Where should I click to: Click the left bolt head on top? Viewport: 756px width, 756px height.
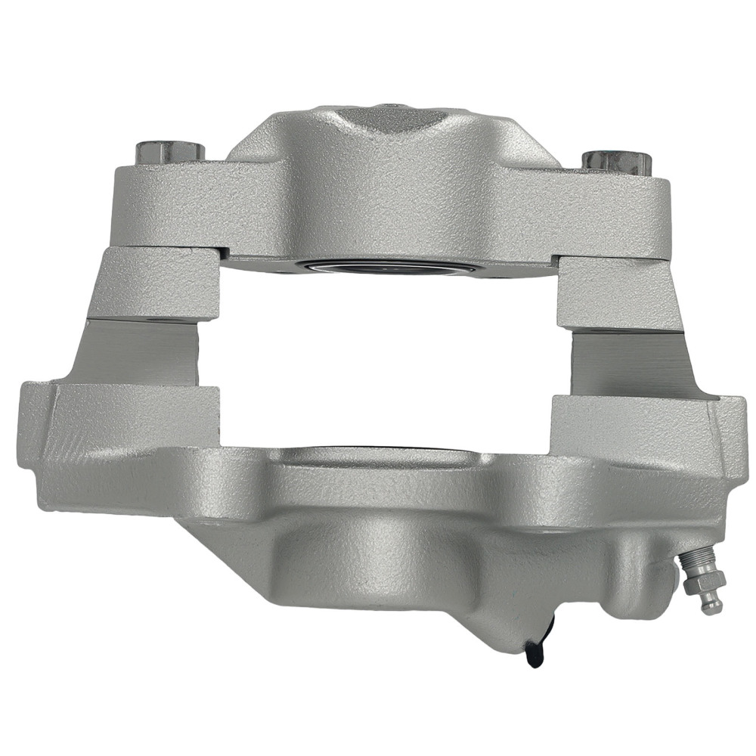pos(169,151)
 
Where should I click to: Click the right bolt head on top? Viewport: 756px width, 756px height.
pos(617,160)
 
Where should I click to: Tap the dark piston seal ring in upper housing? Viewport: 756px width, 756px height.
pos(378,267)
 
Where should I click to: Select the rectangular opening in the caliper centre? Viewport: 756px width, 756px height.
pos(386,355)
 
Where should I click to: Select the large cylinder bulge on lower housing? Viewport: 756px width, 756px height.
pos(378,559)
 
